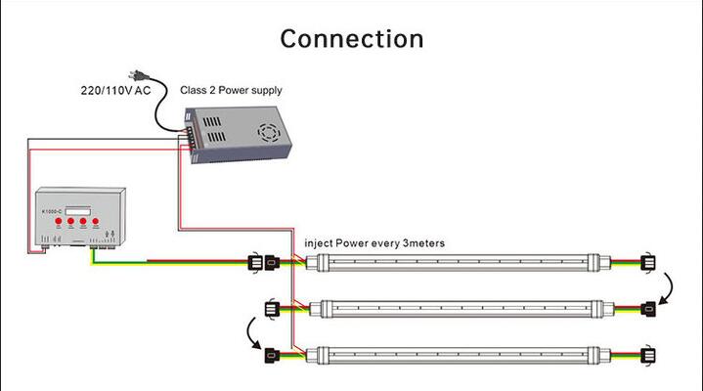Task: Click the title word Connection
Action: click(352, 39)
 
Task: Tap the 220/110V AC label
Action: click(116, 90)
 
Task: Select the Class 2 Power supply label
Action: click(231, 90)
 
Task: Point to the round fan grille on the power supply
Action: click(268, 129)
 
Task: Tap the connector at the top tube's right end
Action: click(646, 262)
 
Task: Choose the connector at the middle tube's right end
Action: click(646, 308)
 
